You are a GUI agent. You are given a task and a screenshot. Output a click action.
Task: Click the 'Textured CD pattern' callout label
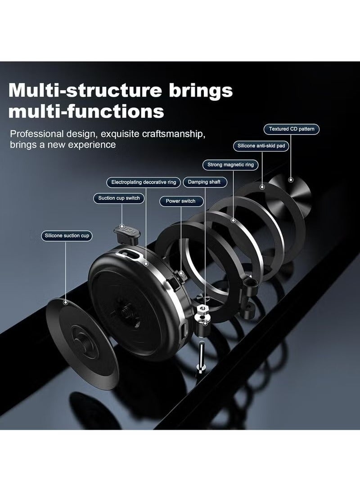point(292,129)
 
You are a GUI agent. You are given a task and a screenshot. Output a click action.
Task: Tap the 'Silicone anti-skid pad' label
point(261,146)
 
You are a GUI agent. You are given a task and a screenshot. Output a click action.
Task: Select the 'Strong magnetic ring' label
point(230,165)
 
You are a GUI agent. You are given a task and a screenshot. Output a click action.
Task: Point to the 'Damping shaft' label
point(204,182)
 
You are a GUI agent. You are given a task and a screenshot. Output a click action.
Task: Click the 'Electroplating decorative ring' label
point(144,182)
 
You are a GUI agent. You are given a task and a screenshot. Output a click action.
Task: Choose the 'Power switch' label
point(180,201)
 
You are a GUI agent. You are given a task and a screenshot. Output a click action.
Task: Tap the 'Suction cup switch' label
point(119,198)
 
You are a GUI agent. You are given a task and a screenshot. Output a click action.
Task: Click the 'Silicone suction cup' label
point(67,236)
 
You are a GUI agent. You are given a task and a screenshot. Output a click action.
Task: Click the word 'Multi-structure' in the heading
point(85,90)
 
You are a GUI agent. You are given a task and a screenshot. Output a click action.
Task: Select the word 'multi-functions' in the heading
point(86,111)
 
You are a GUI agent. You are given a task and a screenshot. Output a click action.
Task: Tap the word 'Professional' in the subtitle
point(37,134)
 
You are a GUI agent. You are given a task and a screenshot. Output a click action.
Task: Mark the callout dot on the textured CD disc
point(291,180)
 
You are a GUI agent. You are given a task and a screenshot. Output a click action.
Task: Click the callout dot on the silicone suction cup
point(66,302)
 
